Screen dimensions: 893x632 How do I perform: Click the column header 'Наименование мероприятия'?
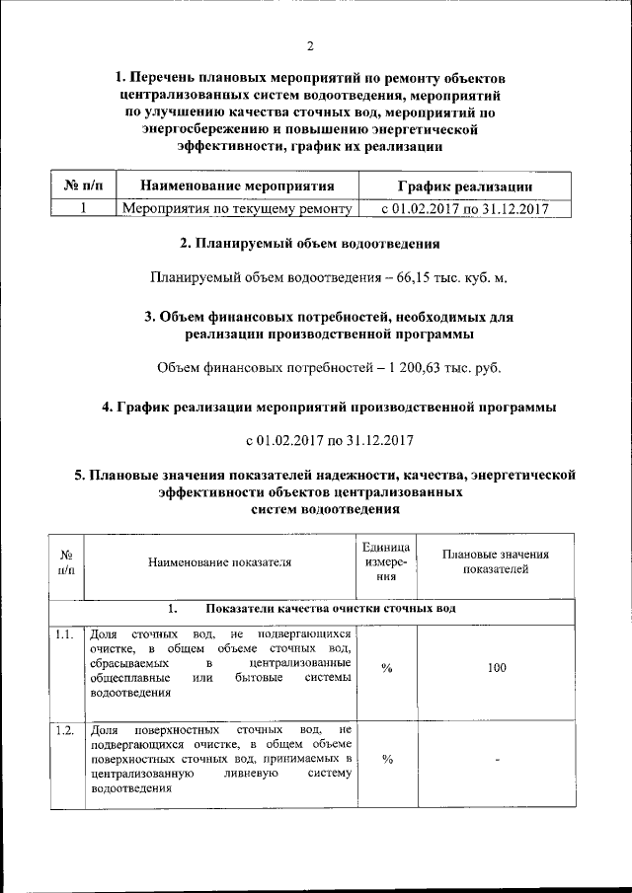[236, 186]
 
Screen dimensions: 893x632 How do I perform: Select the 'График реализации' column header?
[466, 186]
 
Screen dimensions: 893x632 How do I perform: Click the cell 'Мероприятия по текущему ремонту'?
[236, 208]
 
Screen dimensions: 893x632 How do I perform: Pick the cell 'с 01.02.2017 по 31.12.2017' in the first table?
[466, 208]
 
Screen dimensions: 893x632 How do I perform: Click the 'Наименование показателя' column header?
[220, 563]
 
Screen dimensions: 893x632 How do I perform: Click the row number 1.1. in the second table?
[65, 633]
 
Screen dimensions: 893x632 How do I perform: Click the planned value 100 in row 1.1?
[497, 668]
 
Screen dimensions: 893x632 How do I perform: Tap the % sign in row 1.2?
[387, 759]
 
